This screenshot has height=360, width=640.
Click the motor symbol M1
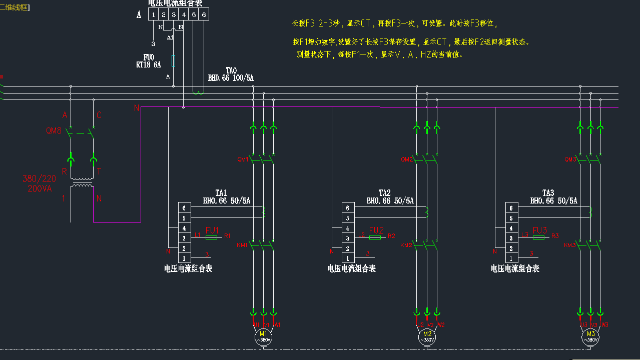[263, 336]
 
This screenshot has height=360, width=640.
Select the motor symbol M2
[427, 336]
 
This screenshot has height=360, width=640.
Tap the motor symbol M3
[590, 336]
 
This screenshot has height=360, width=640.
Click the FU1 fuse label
[212, 230]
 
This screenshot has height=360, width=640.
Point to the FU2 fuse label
[376, 230]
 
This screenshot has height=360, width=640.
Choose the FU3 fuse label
[540, 230]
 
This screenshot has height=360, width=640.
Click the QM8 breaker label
[54, 131]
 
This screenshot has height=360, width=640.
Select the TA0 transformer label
[231, 70]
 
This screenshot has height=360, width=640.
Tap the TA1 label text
[221, 193]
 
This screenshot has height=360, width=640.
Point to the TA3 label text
[548, 193]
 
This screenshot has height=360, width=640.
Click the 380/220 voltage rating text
[39, 179]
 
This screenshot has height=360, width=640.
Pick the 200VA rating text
[40, 188]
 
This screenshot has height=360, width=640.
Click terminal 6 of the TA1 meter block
[184, 208]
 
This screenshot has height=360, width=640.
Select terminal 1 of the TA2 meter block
[348, 258]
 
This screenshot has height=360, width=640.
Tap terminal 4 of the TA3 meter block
[511, 228]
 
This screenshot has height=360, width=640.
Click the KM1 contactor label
[242, 245]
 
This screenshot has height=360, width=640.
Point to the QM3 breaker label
[570, 159]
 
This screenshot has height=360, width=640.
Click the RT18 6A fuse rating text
[149, 64]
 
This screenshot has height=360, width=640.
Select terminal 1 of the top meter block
[154, 15]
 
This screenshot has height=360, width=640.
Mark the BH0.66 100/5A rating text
[231, 78]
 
